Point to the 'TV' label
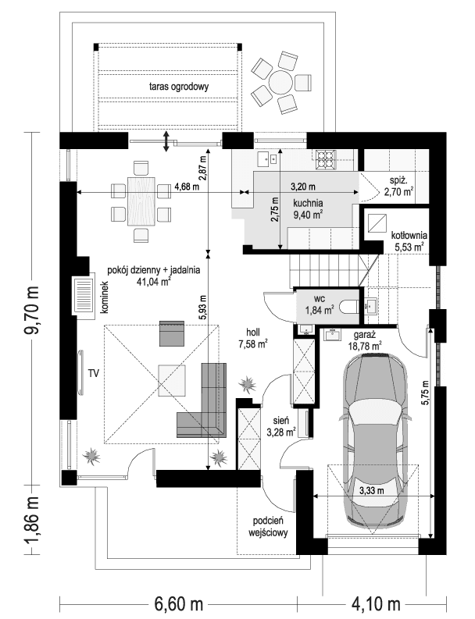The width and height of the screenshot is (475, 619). [x=94, y=372]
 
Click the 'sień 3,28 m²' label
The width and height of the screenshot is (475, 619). [x=280, y=425]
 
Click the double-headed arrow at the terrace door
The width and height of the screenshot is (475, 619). [x=166, y=142]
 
